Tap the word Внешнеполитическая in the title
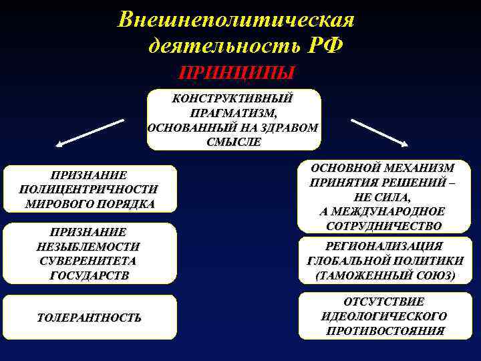(236, 19)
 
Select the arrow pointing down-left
(90, 132)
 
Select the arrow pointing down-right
(379, 132)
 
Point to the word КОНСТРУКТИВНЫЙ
(232, 98)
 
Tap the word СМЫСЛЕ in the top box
(234, 142)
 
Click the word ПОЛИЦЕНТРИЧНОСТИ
(90, 189)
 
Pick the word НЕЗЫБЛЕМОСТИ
(89, 247)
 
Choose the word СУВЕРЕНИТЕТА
(89, 261)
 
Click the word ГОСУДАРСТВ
(90, 275)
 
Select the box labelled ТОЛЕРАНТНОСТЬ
(90, 318)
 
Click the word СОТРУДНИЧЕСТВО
(383, 226)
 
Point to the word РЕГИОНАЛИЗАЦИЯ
(383, 247)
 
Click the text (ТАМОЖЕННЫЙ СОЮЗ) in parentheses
(384, 275)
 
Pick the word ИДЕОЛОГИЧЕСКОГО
(384, 316)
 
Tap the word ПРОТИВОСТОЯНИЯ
(384, 330)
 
